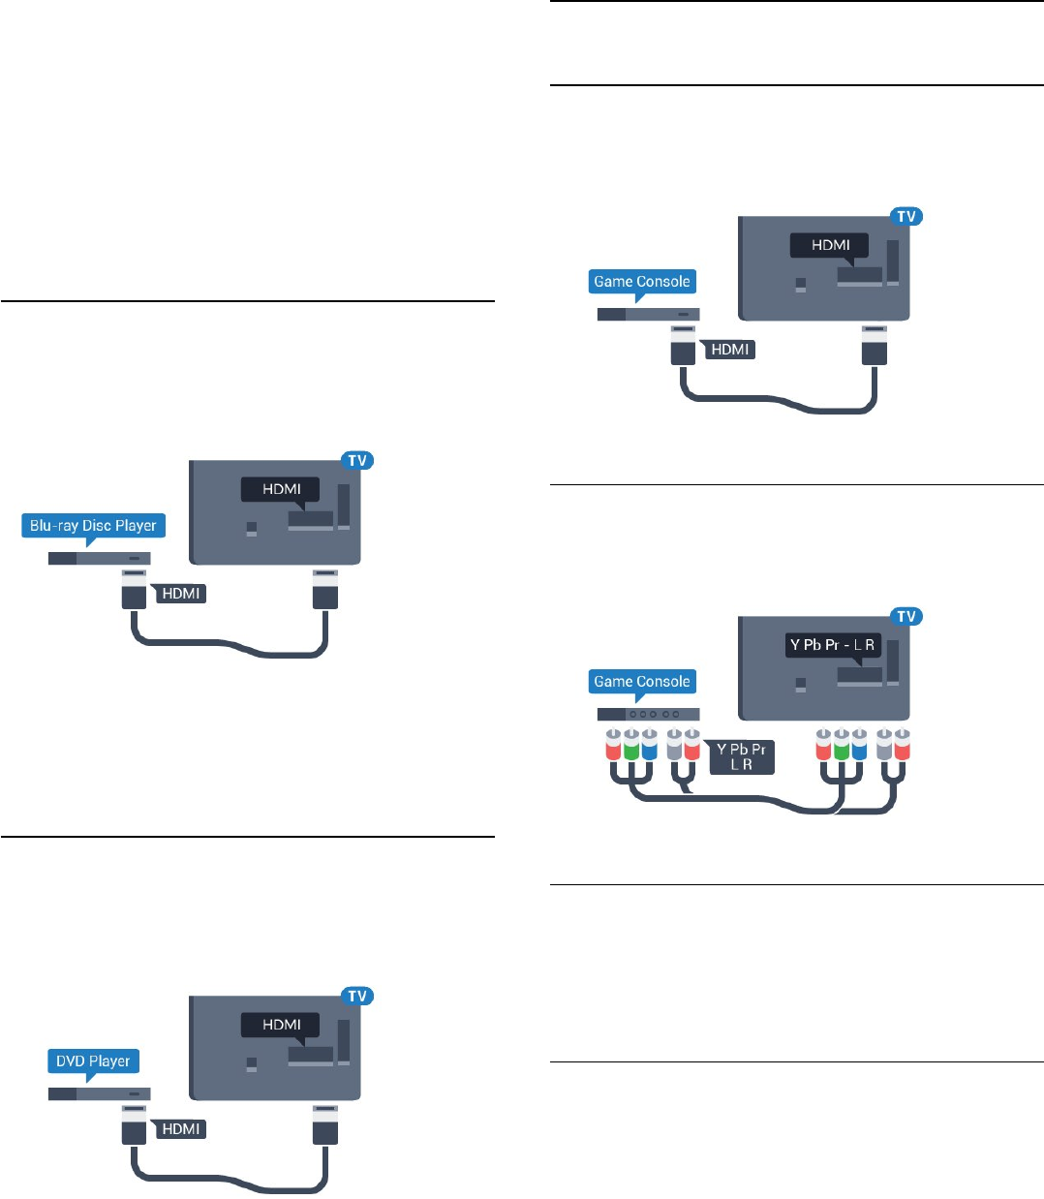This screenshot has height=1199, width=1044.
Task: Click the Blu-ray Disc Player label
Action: [93, 526]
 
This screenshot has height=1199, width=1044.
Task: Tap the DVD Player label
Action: [93, 1061]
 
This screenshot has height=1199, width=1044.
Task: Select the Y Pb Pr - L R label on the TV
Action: [832, 645]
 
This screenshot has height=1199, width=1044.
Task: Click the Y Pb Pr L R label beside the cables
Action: [741, 756]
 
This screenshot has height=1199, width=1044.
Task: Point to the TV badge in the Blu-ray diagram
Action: [357, 461]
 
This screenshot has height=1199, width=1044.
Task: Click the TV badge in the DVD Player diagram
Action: [357, 997]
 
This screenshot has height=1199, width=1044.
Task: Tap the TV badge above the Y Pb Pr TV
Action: [906, 617]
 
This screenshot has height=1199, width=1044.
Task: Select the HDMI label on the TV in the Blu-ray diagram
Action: [282, 489]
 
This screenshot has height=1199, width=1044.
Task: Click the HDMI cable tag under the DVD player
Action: [181, 1129]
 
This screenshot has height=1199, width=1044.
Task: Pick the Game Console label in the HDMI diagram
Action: [642, 282]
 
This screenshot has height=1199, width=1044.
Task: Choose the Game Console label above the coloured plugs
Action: [642, 682]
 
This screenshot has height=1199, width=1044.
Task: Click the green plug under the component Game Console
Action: [631, 745]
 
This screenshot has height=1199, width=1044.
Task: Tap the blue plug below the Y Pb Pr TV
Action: [858, 745]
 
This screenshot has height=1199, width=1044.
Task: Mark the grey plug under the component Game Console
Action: [675, 745]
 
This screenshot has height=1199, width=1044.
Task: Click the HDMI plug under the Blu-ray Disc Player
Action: [134, 590]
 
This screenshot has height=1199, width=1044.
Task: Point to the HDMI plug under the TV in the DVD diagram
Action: [325, 1125]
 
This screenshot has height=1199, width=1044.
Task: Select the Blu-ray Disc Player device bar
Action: [100, 559]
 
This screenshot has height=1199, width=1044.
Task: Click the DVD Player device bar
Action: [100, 1094]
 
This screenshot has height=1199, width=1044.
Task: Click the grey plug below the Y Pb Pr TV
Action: [884, 745]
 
